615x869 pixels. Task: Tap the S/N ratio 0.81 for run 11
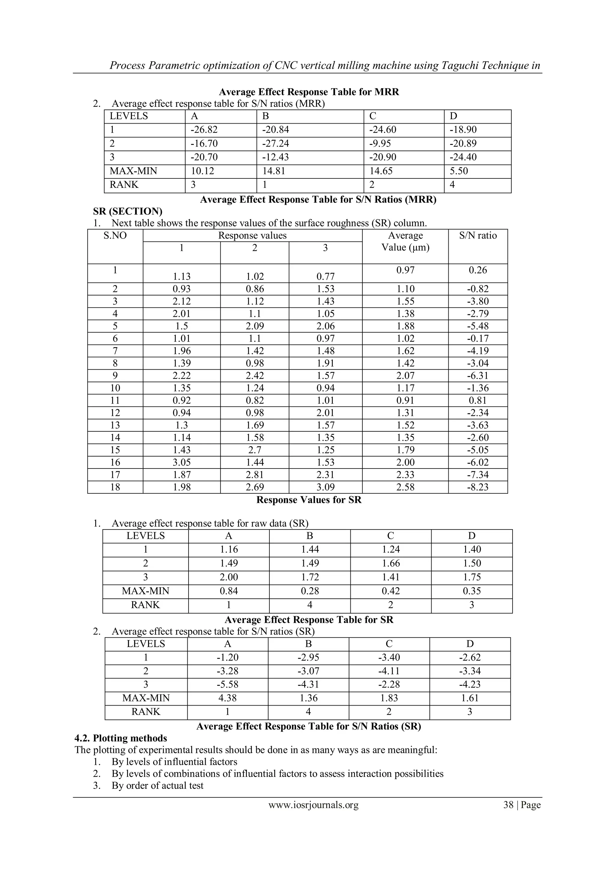[477, 400]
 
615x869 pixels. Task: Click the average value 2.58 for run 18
[405, 487]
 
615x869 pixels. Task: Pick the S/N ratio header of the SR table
[477, 235]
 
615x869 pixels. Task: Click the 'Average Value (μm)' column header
[405, 241]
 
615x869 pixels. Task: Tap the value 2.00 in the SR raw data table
[229, 577]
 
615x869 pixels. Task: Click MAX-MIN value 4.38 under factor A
[227, 698]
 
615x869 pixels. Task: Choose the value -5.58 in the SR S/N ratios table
[227, 684]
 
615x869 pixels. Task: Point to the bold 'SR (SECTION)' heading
[127, 211]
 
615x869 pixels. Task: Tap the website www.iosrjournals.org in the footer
[314, 805]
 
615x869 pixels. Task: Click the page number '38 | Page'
[521, 805]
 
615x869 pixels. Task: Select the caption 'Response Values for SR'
[309, 500]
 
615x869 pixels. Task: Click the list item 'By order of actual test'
[157, 785]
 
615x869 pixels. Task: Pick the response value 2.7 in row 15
[254, 450]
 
